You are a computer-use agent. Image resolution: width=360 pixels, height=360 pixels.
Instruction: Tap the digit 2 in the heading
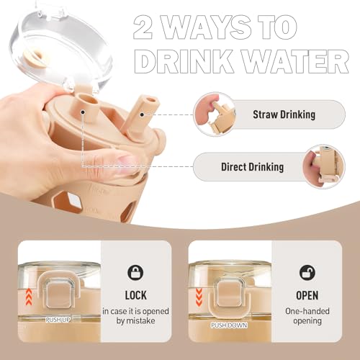tap(143, 27)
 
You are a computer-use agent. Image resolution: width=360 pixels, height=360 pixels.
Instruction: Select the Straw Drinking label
tap(284, 114)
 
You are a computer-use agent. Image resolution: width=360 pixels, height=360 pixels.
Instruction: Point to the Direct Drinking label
tap(252, 167)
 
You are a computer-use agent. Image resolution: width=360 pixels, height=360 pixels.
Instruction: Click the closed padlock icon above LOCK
tap(135, 273)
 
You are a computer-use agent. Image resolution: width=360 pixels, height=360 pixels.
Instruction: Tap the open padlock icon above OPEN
tap(307, 273)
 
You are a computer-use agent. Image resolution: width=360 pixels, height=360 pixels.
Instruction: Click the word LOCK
tap(135, 295)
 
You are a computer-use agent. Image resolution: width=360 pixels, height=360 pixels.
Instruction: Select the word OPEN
tap(307, 295)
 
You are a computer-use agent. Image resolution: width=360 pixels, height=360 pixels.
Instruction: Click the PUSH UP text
tap(58, 320)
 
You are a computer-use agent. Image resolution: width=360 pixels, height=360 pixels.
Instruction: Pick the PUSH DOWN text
tap(229, 325)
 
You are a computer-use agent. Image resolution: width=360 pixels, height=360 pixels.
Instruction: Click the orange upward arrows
tap(29, 297)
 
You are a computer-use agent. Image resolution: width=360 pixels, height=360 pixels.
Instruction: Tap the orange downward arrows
tap(199, 297)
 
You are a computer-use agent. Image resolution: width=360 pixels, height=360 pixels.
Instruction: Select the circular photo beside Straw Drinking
tap(214, 114)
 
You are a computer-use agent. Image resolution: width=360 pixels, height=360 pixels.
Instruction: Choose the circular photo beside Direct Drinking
tap(323, 167)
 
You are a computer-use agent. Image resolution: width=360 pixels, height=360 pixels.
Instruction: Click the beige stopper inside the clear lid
tap(36, 58)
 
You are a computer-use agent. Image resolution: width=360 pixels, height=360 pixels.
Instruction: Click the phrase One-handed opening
tap(307, 316)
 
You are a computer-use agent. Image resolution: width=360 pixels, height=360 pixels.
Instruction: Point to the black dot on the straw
tap(142, 114)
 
